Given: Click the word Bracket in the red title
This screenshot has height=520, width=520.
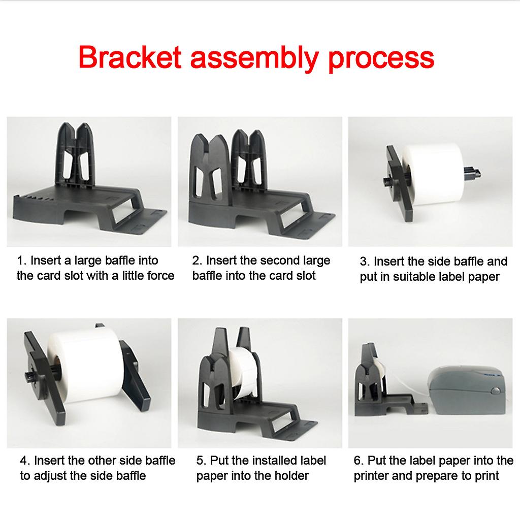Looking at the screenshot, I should (x=129, y=57).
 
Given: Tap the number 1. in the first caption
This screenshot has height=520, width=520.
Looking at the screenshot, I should (x=21, y=261).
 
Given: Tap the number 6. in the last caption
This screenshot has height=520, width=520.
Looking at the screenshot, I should (x=359, y=461).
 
